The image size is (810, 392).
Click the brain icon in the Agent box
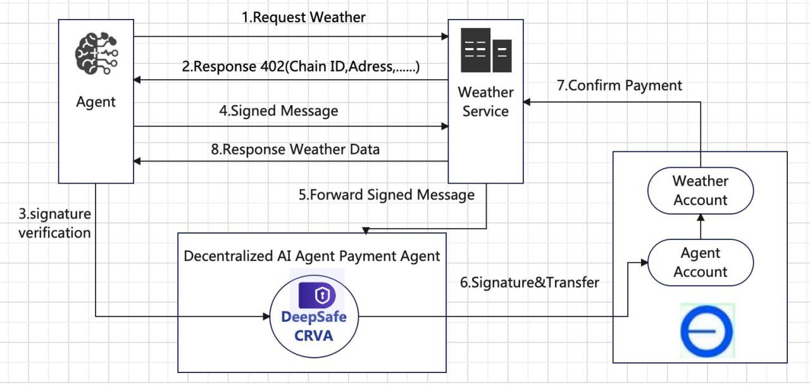click(x=96, y=53)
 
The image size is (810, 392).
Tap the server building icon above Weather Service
click(x=486, y=50)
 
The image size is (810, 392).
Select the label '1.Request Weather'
click(x=303, y=17)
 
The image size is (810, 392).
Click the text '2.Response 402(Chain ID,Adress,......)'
click(x=301, y=66)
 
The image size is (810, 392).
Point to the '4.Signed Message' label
click(x=278, y=111)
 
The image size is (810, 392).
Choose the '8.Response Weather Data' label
click(x=295, y=149)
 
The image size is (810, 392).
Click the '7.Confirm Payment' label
click(x=620, y=85)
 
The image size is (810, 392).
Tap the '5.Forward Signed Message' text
click(x=387, y=194)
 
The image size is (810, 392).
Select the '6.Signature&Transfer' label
click(x=530, y=282)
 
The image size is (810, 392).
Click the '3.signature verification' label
click(x=54, y=224)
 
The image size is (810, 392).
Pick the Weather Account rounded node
click(x=701, y=191)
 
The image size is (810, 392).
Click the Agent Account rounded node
click(x=701, y=262)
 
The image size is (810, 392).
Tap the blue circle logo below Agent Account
click(x=707, y=331)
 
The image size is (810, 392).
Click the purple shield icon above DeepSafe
click(x=317, y=295)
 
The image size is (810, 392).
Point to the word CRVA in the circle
click(x=313, y=336)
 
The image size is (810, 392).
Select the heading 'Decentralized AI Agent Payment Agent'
click(x=312, y=256)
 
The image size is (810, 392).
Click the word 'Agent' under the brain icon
click(x=96, y=102)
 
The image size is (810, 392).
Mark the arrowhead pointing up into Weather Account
click(x=701, y=218)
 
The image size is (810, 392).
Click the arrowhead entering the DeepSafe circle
click(x=266, y=317)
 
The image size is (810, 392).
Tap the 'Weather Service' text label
click(x=485, y=102)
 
